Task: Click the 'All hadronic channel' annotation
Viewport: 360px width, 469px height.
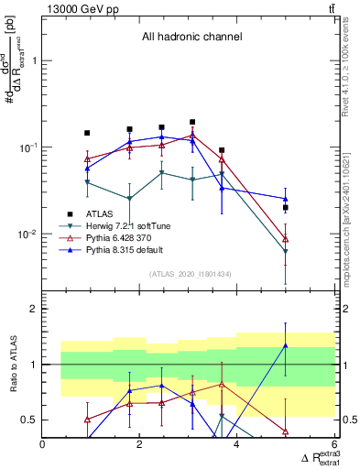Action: point(191,37)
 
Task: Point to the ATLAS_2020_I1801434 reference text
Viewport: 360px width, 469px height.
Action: point(190,274)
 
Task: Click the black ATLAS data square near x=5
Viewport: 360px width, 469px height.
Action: point(286,208)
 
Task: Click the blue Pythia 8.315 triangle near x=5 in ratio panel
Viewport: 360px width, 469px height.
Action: point(286,345)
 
